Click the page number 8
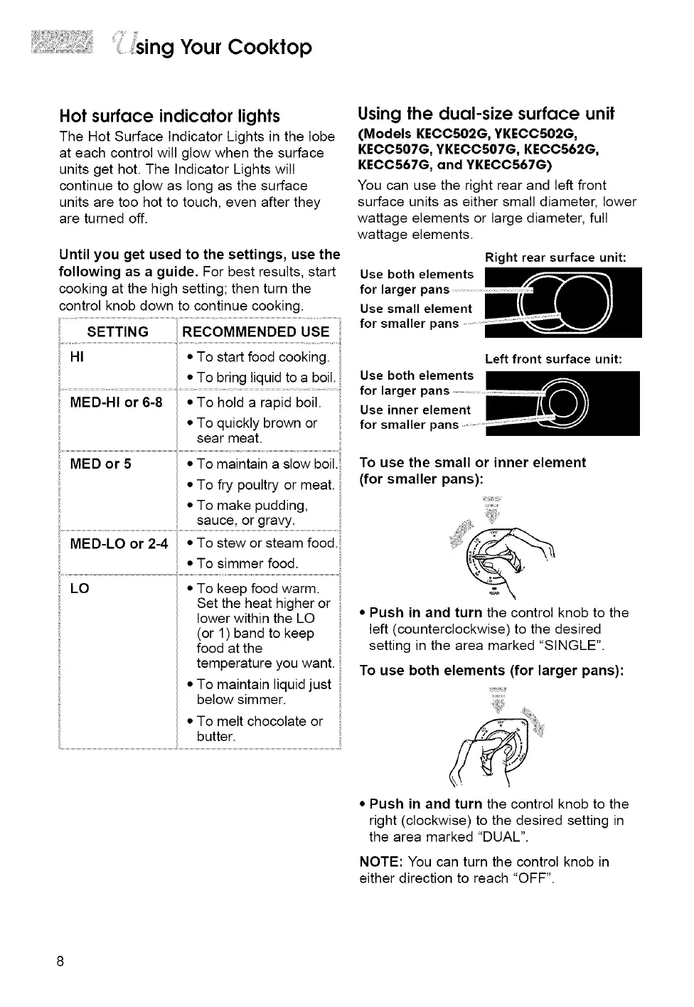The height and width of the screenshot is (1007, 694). point(60,961)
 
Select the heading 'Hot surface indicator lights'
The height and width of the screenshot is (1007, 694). point(169,116)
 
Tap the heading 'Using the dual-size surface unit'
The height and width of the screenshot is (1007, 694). point(486,114)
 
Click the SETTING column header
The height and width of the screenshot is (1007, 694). point(117,332)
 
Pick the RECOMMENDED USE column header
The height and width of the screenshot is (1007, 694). point(255,332)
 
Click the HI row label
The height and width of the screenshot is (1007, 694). point(77,357)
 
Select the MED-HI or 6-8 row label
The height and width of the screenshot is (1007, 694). point(116,403)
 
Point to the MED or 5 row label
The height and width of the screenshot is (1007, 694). point(100,464)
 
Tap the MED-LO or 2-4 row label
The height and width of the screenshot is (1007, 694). point(119,544)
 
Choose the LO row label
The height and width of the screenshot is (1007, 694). point(80,589)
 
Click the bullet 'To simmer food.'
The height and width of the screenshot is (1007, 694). point(247,564)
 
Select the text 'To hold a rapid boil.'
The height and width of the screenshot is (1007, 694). point(259,403)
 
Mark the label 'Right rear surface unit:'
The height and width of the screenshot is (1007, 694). point(555,257)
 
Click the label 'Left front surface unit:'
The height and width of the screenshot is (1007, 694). point(553,359)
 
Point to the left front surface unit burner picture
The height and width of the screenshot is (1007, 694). point(564,403)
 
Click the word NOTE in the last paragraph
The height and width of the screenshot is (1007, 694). point(378,862)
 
